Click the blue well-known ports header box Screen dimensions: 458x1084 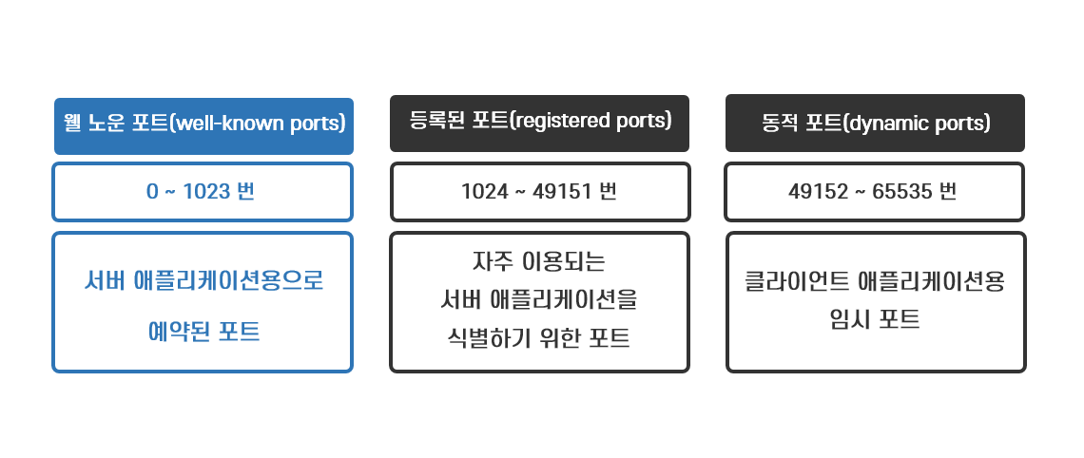203,125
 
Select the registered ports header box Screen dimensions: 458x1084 539,123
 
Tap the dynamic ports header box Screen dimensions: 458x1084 875,123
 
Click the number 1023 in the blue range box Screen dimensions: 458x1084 206,191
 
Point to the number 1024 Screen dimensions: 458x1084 484,191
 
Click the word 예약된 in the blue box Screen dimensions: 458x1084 180,332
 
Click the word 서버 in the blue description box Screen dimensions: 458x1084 103,282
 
